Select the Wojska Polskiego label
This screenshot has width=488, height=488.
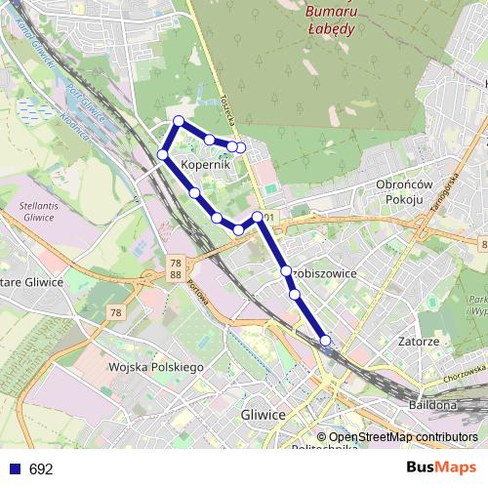155,367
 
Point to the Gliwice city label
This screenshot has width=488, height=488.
262,415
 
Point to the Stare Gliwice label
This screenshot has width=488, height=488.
29,282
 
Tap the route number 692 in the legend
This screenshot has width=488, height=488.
41,469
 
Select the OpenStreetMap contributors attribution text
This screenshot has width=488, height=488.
397,437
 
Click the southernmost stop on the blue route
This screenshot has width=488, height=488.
325,341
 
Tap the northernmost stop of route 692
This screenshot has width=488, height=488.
178,121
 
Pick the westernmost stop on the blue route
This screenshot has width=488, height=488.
163,154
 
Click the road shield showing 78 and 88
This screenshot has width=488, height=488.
175,269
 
